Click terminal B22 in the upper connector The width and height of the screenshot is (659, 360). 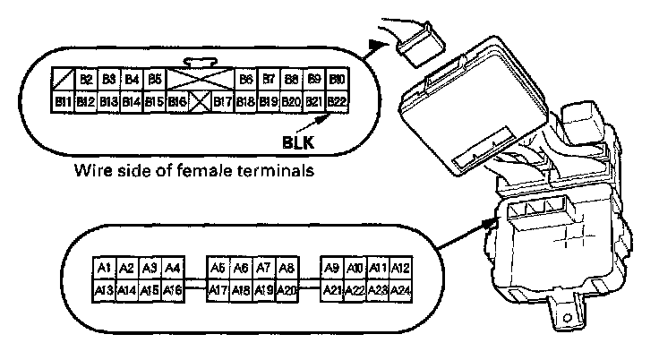tap(337, 101)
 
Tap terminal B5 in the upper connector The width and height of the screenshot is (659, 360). tap(155, 80)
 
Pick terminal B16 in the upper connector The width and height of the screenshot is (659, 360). tap(177, 101)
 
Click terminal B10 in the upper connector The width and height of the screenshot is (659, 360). tap(337, 80)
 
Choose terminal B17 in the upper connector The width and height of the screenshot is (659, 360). tap(224, 101)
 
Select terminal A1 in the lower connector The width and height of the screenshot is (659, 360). tap(104, 268)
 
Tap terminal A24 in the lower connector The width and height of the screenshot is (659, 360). tap(401, 289)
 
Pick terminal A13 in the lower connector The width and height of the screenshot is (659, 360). tap(104, 289)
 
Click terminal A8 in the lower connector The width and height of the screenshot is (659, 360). tap(287, 268)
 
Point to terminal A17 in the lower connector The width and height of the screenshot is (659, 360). tap(218, 289)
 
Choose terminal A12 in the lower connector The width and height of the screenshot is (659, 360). tap(401, 268)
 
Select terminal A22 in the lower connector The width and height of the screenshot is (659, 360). tap(355, 289)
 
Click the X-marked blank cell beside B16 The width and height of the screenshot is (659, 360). tap(200, 101)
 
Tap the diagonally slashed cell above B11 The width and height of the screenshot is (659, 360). tap(64, 80)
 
